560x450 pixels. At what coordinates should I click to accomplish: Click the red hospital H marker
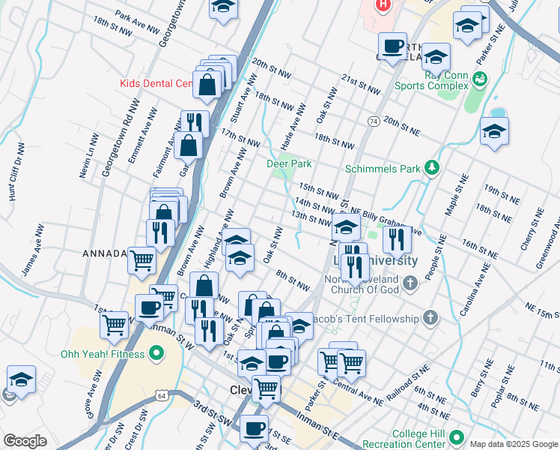tap(383, 4)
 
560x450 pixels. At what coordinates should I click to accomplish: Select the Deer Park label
tap(289, 163)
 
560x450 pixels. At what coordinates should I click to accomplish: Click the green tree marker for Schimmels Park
tap(431, 169)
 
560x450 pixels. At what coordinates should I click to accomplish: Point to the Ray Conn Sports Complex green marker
tap(480, 77)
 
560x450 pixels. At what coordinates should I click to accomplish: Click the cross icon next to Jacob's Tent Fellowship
tap(430, 319)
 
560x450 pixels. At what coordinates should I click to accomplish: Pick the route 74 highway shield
tap(373, 121)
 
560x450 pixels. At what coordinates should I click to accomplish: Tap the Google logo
tap(25, 441)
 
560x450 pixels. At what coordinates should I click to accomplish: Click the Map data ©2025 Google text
tap(514, 444)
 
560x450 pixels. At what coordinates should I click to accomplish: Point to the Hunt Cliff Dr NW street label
tap(13, 178)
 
